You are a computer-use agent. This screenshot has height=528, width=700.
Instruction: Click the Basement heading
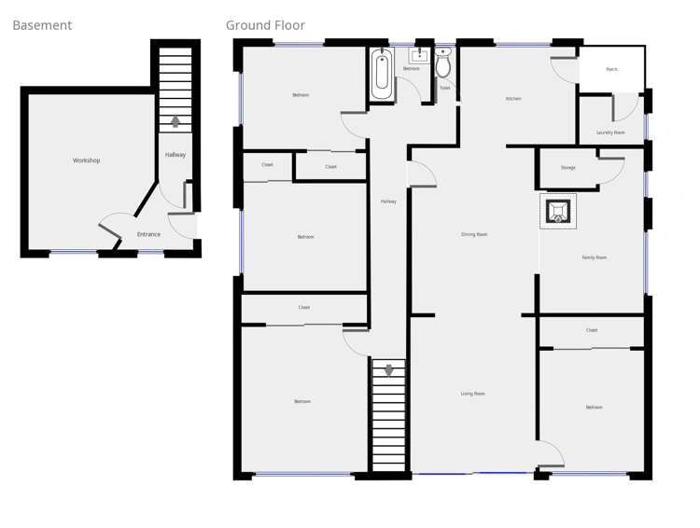coord(42,25)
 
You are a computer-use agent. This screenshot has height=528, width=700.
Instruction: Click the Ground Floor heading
coord(265,25)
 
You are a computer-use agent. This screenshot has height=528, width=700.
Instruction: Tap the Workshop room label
coord(86,160)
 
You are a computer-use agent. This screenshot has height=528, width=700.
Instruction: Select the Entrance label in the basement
coord(148,234)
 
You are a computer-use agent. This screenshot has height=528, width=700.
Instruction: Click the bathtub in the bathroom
coord(381,74)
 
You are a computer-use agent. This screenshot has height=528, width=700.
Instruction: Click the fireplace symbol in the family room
coord(557,211)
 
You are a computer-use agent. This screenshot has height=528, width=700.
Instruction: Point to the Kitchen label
coord(513,99)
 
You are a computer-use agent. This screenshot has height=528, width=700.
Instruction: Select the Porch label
coord(611,69)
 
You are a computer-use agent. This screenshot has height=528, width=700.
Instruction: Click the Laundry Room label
coord(610,132)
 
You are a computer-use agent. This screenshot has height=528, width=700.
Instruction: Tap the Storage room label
coord(568,168)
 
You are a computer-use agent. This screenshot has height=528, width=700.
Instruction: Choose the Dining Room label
coord(474,234)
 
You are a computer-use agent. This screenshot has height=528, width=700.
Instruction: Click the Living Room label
coord(473,394)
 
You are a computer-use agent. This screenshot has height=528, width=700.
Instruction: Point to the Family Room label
coord(594,257)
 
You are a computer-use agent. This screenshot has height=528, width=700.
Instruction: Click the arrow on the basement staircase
coord(175,119)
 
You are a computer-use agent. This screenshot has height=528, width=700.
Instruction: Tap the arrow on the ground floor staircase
coord(388,370)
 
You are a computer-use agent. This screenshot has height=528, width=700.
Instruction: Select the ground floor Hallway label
coord(388,201)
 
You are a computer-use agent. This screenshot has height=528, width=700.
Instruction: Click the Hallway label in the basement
coord(175,155)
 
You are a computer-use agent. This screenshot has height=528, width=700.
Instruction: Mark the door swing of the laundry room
coord(623,107)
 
